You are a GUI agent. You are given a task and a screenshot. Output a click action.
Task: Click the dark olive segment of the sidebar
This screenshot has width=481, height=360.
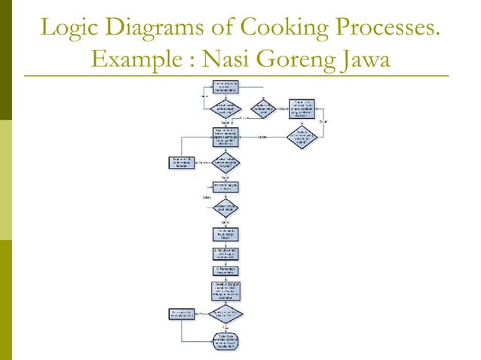pyautogui.click(x=6, y=60)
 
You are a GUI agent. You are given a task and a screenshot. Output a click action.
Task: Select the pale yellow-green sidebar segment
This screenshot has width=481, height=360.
pyautogui.click(x=6, y=181)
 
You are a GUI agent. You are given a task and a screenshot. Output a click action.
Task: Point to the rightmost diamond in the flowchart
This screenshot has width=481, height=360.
pyautogui.click(x=302, y=136)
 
